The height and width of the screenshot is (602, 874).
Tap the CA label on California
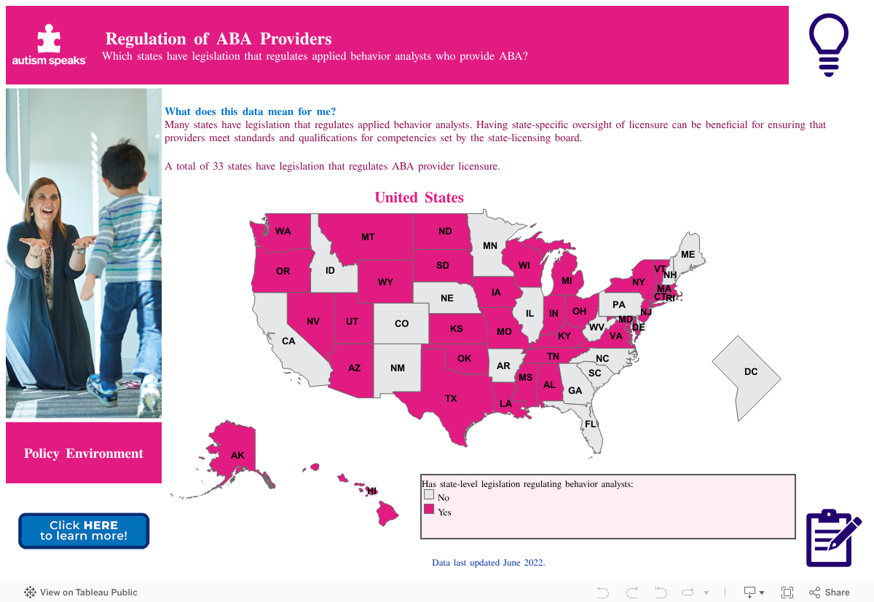coord(288,341)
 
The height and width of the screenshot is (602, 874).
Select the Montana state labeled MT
coord(368,237)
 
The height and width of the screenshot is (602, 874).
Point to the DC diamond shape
coord(747,376)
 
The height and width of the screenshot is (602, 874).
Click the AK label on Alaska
coord(237,455)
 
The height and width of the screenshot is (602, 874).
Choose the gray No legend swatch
coord(429,494)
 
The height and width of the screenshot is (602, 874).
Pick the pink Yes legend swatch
coord(429,509)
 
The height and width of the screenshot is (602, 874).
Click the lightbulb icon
coord(828,44)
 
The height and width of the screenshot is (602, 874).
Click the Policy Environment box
coord(84,453)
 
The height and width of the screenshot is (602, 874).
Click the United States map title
coord(419,197)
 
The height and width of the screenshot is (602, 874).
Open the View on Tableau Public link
coord(81,593)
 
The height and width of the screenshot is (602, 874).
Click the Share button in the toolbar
coord(830,593)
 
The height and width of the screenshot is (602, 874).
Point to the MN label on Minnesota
coord(490,246)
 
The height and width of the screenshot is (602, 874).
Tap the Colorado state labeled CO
coord(401,323)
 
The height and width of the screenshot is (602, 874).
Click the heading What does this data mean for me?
coord(251,111)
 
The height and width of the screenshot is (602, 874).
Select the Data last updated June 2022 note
coord(488,563)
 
